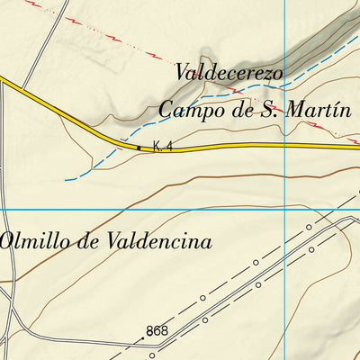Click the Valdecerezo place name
[229, 71]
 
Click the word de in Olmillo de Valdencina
[85, 241]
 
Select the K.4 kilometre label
[162, 146]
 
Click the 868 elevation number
[157, 332]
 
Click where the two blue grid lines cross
[285, 210]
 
